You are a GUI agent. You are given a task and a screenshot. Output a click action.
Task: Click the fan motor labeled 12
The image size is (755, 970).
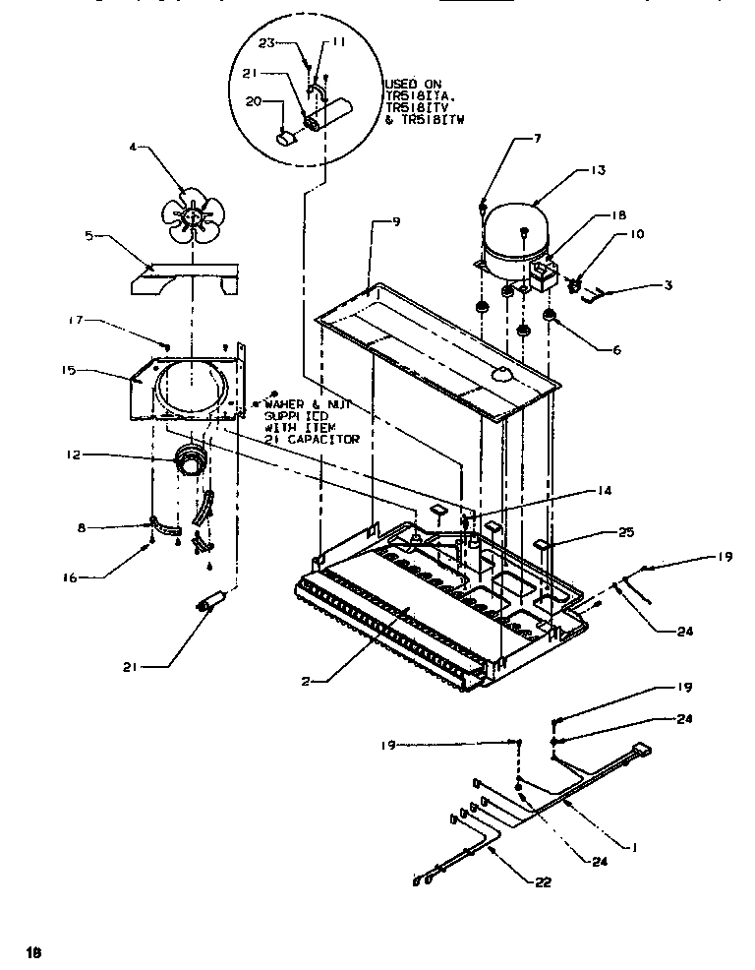(190, 460)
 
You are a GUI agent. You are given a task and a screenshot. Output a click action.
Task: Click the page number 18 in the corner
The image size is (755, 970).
(34, 951)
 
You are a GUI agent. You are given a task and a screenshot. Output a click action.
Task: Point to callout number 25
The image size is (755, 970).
(626, 532)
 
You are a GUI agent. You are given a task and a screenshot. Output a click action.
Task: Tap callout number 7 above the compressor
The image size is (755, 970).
(538, 139)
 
